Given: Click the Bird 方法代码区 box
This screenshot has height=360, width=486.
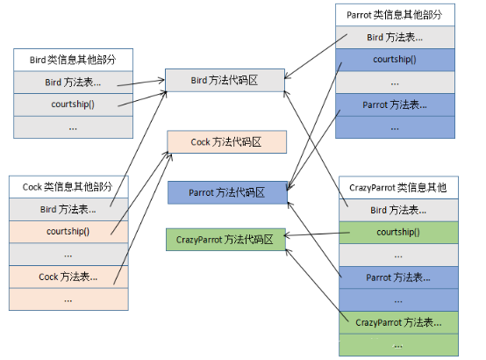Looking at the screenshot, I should coord(225,82).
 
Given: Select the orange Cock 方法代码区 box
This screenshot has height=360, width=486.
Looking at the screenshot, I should coord(226,141).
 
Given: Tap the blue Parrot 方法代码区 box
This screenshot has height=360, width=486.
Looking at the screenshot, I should coord(227,191).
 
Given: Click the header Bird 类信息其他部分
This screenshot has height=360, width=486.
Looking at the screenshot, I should coord(73,61).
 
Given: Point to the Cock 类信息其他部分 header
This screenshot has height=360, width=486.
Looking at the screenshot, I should coord(68,187).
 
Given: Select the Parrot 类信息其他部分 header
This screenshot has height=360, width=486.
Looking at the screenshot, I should coord(396,16).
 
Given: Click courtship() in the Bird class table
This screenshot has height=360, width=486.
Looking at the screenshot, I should coord(73,104).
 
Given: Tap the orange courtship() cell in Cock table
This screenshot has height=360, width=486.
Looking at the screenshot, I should coord(68,232).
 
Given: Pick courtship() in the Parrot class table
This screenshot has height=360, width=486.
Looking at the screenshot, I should coord(396,61).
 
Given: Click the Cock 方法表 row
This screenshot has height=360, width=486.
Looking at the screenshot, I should coord(68,277).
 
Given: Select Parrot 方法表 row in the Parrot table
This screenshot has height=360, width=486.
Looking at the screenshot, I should coord(396,105).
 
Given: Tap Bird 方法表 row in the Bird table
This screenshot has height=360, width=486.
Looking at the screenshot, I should coord(73,83).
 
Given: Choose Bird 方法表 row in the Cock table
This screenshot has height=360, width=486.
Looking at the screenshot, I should coord(68,209).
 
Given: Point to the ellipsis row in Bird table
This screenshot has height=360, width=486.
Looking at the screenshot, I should coord(73,126).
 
